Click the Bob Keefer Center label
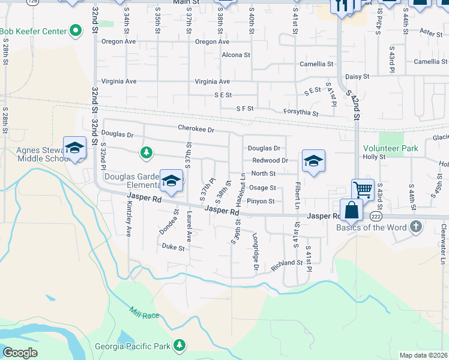point(33,30)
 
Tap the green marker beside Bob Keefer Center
point(76,30)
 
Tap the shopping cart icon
point(363,190)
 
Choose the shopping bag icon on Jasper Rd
point(351,210)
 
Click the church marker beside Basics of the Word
point(415,227)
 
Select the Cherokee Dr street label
point(196,128)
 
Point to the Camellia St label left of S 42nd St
point(316,64)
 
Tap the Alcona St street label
point(235,55)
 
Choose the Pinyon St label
point(261,202)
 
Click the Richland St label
point(287,263)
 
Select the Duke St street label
point(172,247)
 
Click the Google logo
point(20,353)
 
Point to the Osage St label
point(262,188)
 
